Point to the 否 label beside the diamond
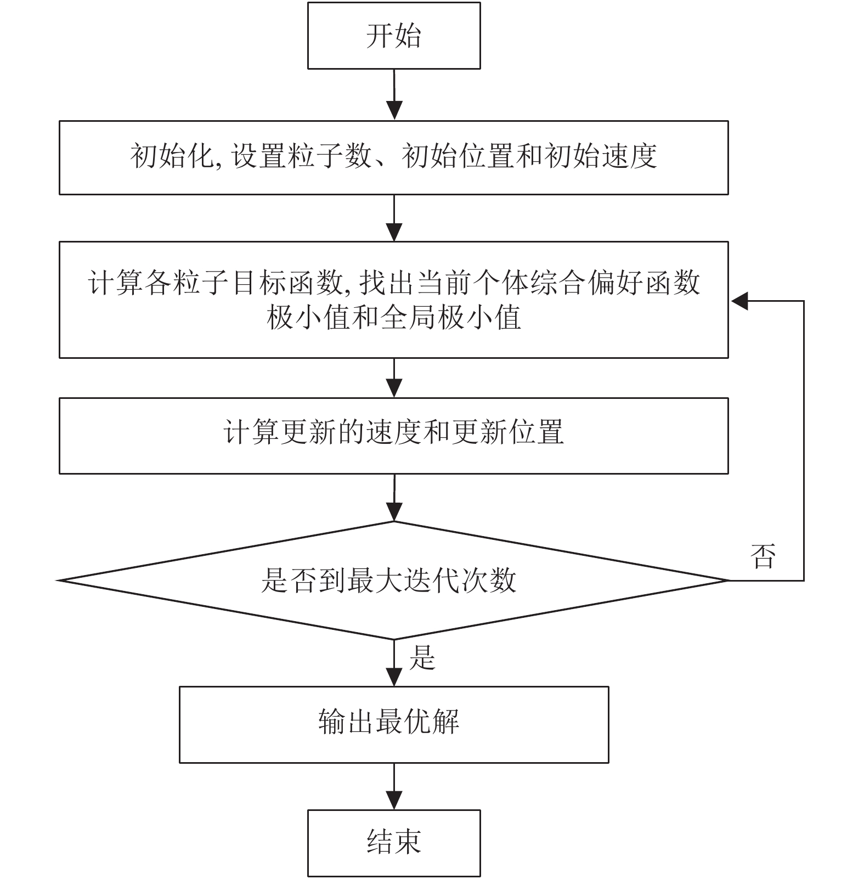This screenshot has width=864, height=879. [x=763, y=556]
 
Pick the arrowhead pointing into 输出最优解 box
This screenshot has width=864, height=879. [x=394, y=677]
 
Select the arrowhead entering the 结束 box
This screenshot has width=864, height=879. [x=394, y=800]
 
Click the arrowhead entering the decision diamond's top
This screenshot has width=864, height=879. [x=394, y=511]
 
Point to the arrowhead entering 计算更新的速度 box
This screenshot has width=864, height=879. [x=394, y=388]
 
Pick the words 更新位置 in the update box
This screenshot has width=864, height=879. [x=508, y=432]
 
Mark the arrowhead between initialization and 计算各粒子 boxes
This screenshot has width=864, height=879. [x=394, y=232]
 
